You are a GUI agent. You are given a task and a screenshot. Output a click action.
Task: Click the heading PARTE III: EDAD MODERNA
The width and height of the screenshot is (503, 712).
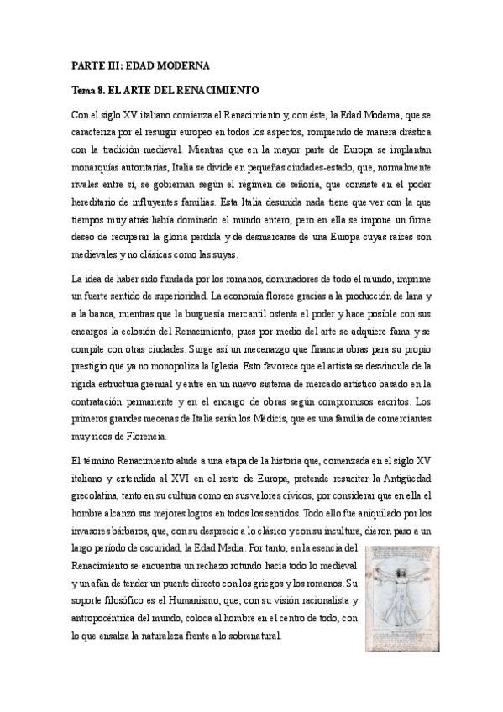139,65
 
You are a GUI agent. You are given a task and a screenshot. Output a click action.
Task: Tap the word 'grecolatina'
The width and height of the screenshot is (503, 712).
98,497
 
